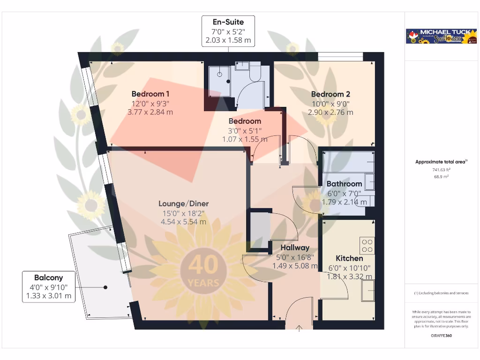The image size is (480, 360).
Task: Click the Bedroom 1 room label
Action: [148, 94]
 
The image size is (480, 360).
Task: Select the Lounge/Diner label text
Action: [183, 203]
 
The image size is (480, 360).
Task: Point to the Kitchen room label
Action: [349, 258]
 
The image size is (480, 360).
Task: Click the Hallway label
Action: [295, 247]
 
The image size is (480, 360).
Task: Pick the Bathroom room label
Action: [344, 184]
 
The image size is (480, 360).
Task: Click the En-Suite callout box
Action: [228, 31]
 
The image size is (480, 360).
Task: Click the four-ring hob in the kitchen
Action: [367, 245]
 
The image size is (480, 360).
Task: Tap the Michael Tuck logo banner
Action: [442, 36]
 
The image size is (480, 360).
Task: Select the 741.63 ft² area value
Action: [441, 170]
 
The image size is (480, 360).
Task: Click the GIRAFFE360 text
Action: [441, 336]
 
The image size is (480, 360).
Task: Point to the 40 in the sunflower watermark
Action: [203, 265]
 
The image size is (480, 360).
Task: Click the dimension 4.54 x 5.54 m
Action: [183, 222]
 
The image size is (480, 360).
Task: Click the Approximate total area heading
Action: [441, 162]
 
